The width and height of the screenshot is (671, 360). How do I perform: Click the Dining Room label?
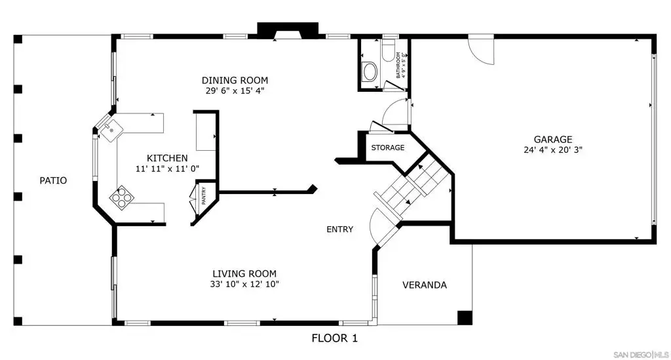click(x=235, y=80)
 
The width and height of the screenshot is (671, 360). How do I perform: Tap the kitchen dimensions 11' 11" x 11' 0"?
click(x=167, y=169)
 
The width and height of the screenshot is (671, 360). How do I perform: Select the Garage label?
click(x=553, y=139)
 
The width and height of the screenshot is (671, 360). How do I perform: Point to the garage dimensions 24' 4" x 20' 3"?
click(x=553, y=150)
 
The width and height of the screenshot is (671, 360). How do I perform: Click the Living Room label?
click(x=244, y=273)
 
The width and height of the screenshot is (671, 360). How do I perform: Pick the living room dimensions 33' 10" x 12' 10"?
click(x=244, y=284)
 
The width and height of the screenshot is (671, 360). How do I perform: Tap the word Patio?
click(x=53, y=180)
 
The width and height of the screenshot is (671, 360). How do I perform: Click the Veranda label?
click(x=425, y=285)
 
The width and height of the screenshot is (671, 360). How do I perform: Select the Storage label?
click(x=388, y=148)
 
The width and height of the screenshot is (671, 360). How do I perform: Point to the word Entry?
click(x=340, y=230)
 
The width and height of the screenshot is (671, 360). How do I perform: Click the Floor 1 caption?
click(x=335, y=338)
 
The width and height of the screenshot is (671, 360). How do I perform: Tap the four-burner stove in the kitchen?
click(x=122, y=197)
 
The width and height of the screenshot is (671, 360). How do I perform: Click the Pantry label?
click(x=204, y=195)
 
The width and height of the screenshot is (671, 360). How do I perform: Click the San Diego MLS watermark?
click(x=641, y=355)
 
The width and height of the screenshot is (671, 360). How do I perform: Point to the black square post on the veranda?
click(x=465, y=317)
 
